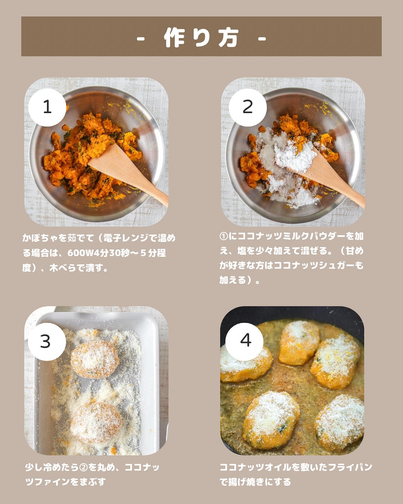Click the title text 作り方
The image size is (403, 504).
point(201,37)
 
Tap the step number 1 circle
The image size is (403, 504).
point(47,107)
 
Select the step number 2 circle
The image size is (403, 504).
point(247,107)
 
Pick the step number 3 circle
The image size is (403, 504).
point(47,342)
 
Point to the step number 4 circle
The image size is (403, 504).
point(244,342)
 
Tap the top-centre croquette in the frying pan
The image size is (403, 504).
point(299,342)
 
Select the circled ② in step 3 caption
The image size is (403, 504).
point(83,467)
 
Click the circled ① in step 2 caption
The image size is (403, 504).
point(224,236)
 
